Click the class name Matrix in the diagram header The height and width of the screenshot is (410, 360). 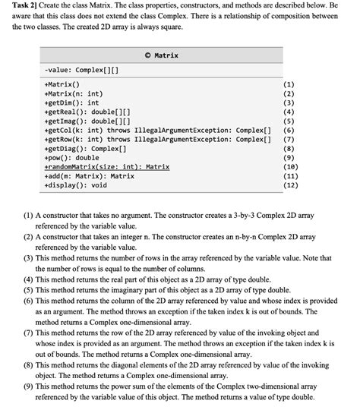pos(166,55)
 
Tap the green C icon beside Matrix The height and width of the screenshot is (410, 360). pos(147,55)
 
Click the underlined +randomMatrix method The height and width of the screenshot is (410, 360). pos(107,166)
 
